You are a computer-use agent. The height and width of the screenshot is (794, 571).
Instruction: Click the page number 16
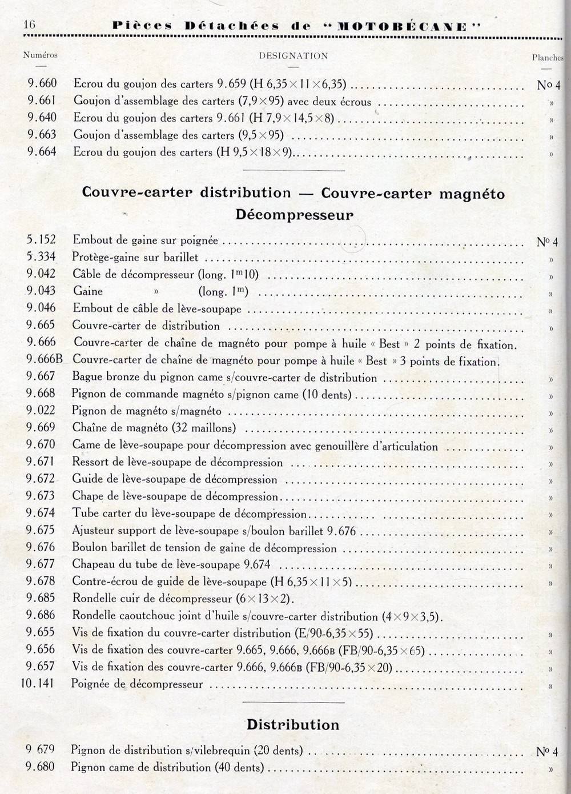[x=29, y=25]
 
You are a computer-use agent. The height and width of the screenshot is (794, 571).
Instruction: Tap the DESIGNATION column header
[x=293, y=56]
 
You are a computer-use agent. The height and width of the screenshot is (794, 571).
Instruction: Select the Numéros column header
[x=41, y=55]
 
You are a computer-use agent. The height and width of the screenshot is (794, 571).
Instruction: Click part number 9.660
[x=42, y=84]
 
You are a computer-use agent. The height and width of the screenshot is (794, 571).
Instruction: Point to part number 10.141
[x=38, y=683]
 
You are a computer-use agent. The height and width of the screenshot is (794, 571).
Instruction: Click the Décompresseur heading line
[x=294, y=215]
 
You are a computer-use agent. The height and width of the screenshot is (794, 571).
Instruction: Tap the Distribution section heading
[x=293, y=724]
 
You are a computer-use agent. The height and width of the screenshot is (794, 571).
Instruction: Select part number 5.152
[x=41, y=240]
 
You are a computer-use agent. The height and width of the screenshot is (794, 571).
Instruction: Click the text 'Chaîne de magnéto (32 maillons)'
[x=154, y=428]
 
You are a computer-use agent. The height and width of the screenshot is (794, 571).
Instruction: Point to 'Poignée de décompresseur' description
[x=137, y=684]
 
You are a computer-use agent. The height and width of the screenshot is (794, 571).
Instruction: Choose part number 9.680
[x=41, y=767]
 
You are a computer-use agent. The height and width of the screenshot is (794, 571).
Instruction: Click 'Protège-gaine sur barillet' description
[x=135, y=258]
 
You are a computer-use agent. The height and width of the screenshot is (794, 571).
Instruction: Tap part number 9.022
[x=41, y=411]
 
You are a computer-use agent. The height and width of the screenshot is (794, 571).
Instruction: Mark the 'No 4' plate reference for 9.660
[x=548, y=85]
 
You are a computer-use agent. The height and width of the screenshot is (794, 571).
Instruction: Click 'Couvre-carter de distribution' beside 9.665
[x=146, y=326]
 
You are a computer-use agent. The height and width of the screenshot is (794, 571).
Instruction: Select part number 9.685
[x=41, y=598]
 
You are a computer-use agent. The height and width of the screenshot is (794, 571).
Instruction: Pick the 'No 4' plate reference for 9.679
[x=547, y=751]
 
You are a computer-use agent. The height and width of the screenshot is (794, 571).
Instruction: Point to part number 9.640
[x=42, y=118]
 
